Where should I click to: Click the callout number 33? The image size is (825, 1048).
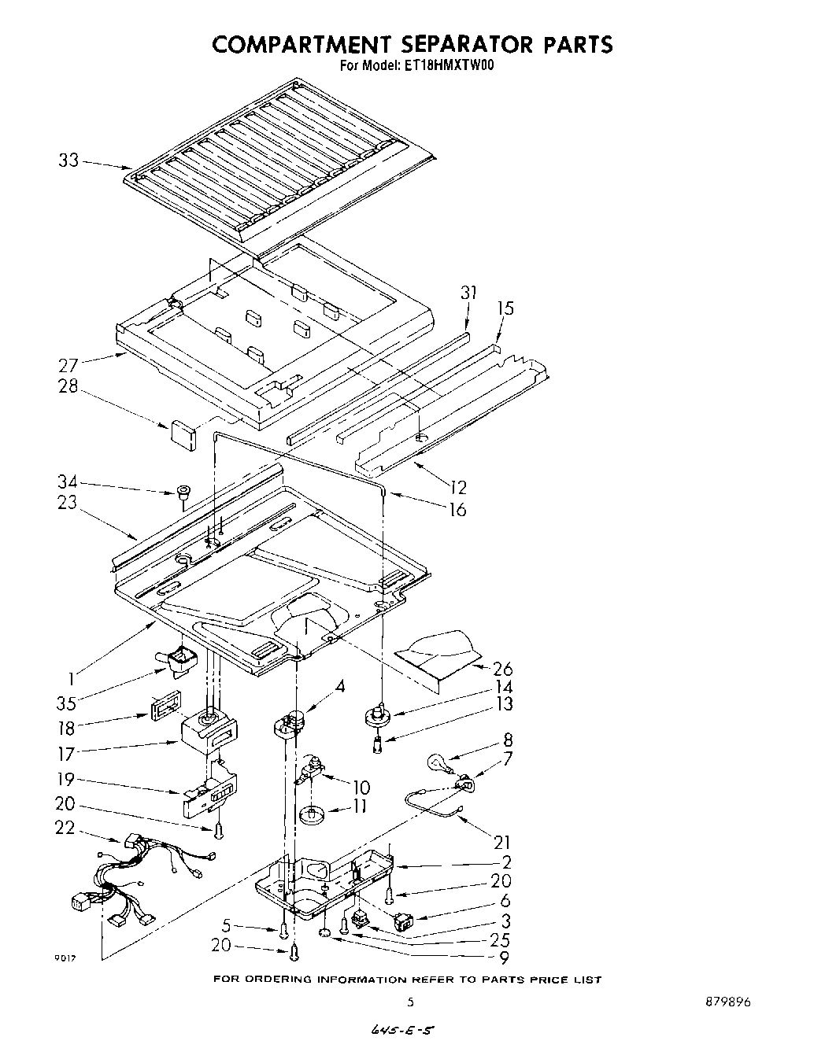(x=68, y=160)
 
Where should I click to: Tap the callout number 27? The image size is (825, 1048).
(x=69, y=364)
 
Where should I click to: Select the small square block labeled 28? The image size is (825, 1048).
(x=183, y=434)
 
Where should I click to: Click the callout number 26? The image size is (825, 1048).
(x=501, y=670)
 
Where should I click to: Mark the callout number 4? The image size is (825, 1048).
(x=339, y=686)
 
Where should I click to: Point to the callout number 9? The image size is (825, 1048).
(x=503, y=958)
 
